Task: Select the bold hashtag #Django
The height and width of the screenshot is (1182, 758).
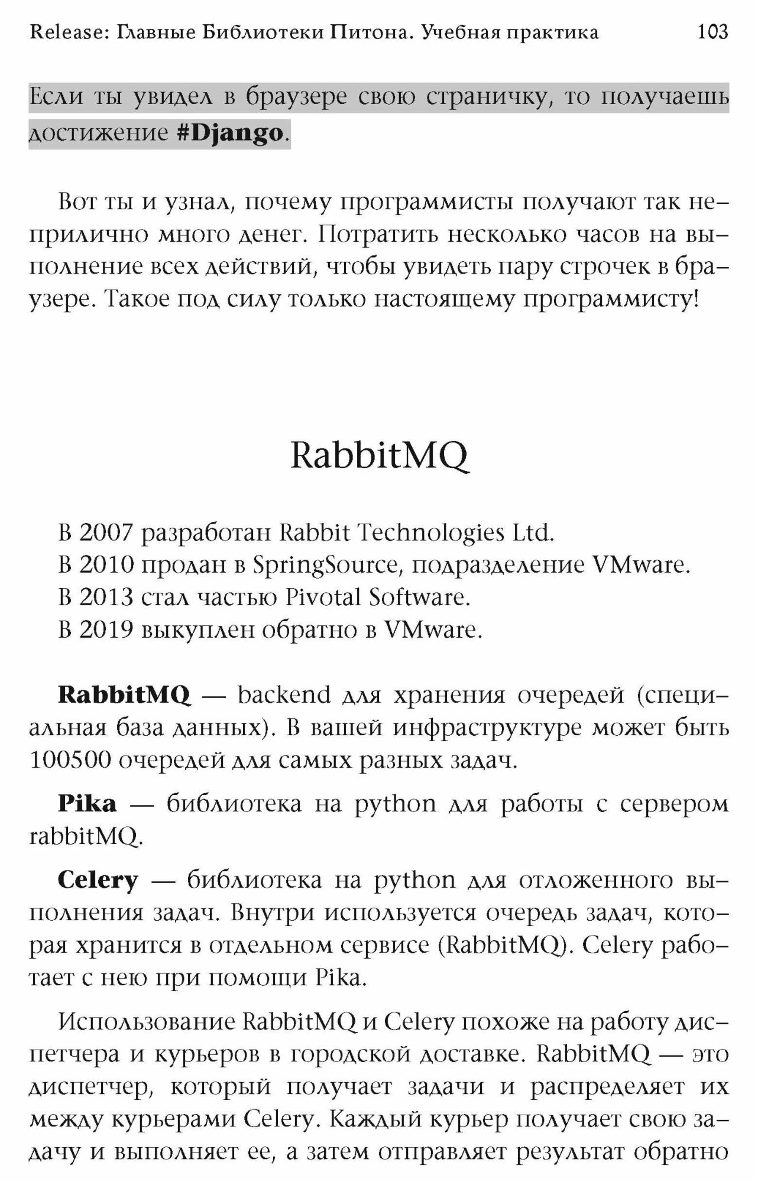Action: (231, 133)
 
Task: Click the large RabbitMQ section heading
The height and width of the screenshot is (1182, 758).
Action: (379, 456)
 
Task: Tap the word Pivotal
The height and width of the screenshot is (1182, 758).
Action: (323, 598)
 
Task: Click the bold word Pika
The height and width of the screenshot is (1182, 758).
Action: (87, 804)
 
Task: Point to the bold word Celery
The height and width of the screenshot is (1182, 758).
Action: (98, 881)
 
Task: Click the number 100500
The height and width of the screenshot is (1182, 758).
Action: (70, 760)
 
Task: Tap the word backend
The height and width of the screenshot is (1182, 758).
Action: (284, 695)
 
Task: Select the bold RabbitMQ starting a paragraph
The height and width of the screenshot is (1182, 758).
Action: (124, 695)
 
